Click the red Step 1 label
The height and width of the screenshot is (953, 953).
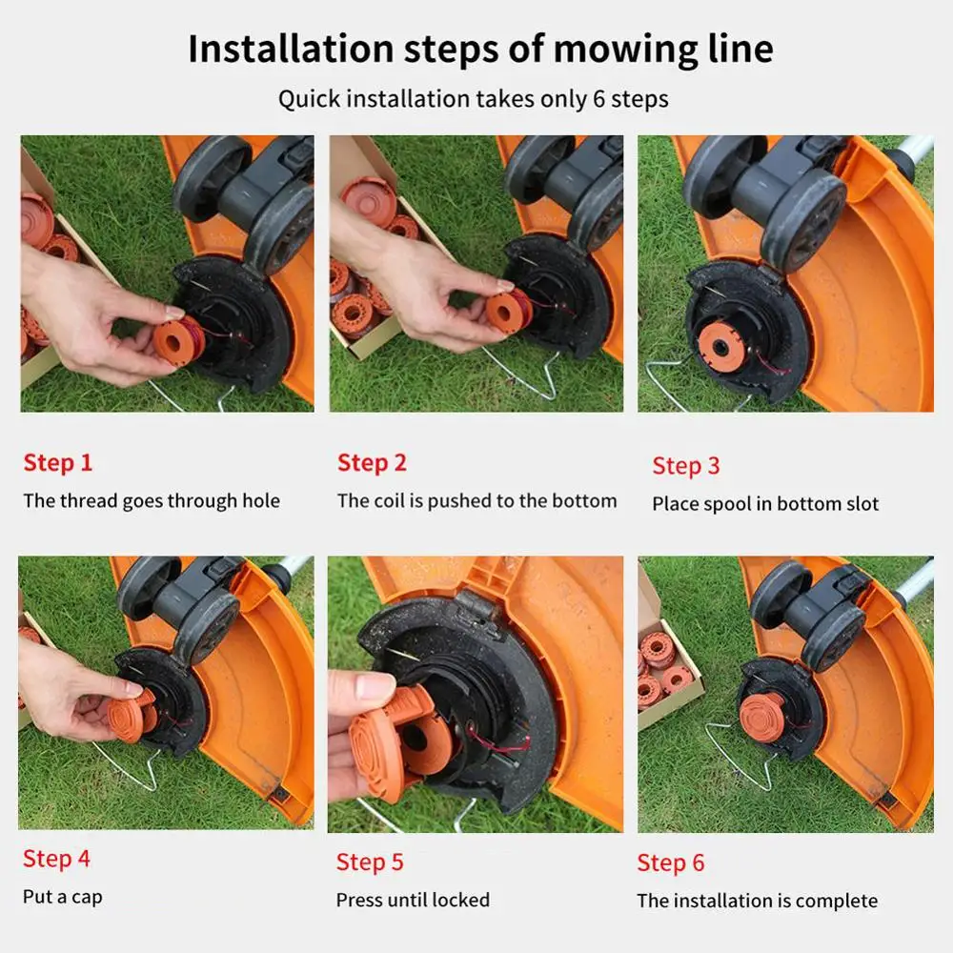point(58,462)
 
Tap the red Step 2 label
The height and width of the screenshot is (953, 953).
point(372,462)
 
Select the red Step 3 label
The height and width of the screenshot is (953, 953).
point(686,466)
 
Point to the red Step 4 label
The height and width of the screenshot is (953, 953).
point(56,859)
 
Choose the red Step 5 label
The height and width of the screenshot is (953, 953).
point(370,862)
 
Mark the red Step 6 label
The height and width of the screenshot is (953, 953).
point(671,862)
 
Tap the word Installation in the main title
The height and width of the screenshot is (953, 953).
point(291,49)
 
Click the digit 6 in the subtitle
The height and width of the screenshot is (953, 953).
point(599,99)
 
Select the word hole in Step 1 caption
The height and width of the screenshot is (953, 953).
point(261,501)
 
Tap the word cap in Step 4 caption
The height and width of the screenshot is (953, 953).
point(87,898)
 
